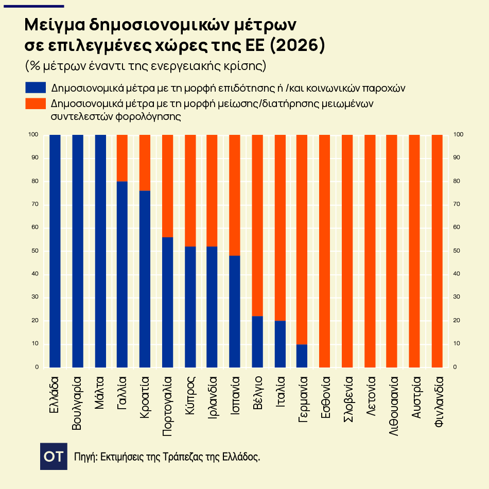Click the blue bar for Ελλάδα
(x=55, y=251)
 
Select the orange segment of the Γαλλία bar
(x=123, y=158)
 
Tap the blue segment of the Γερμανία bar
(x=302, y=356)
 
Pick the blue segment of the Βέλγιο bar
(x=257, y=342)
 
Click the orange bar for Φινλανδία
(x=437, y=251)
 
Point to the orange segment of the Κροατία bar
(x=145, y=163)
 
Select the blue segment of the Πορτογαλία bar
(x=168, y=302)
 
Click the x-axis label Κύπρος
(x=190, y=395)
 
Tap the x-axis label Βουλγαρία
(x=77, y=403)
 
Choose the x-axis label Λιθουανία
(x=394, y=406)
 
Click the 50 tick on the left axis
(x=35, y=251)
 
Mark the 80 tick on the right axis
(x=457, y=181)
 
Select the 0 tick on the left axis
(x=37, y=367)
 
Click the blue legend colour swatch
(x=36, y=88)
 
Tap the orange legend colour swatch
(x=36, y=104)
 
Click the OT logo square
(x=54, y=456)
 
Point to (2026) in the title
(x=297, y=45)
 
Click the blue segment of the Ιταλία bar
(x=280, y=344)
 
